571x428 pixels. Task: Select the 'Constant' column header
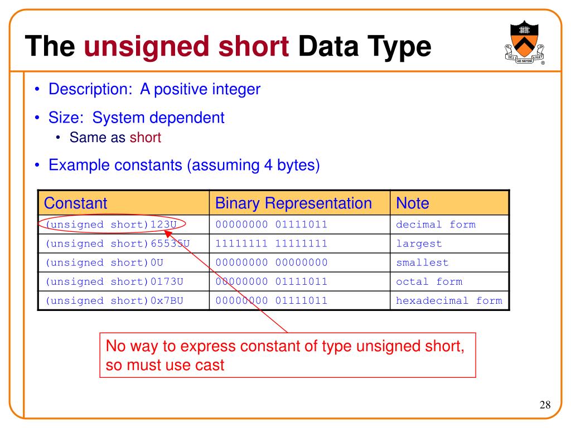coord(75,203)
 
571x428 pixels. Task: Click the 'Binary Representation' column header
coord(293,203)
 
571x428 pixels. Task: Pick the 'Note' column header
coord(413,203)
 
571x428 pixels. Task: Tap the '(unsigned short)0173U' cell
coord(115,281)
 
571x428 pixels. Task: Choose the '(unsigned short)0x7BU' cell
coord(115,300)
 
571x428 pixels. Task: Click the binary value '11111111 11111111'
coord(272,244)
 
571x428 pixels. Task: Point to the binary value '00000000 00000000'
coord(272,262)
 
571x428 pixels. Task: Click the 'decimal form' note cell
coord(435,225)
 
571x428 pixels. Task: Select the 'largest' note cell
coord(419,244)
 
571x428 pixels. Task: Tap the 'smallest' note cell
coord(422,262)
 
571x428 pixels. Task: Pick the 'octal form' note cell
coord(429,281)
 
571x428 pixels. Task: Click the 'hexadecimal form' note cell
coord(449,300)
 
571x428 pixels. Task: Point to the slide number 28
coord(545,405)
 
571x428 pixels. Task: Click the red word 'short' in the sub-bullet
coord(146,138)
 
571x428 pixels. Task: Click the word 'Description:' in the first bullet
coord(88,89)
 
